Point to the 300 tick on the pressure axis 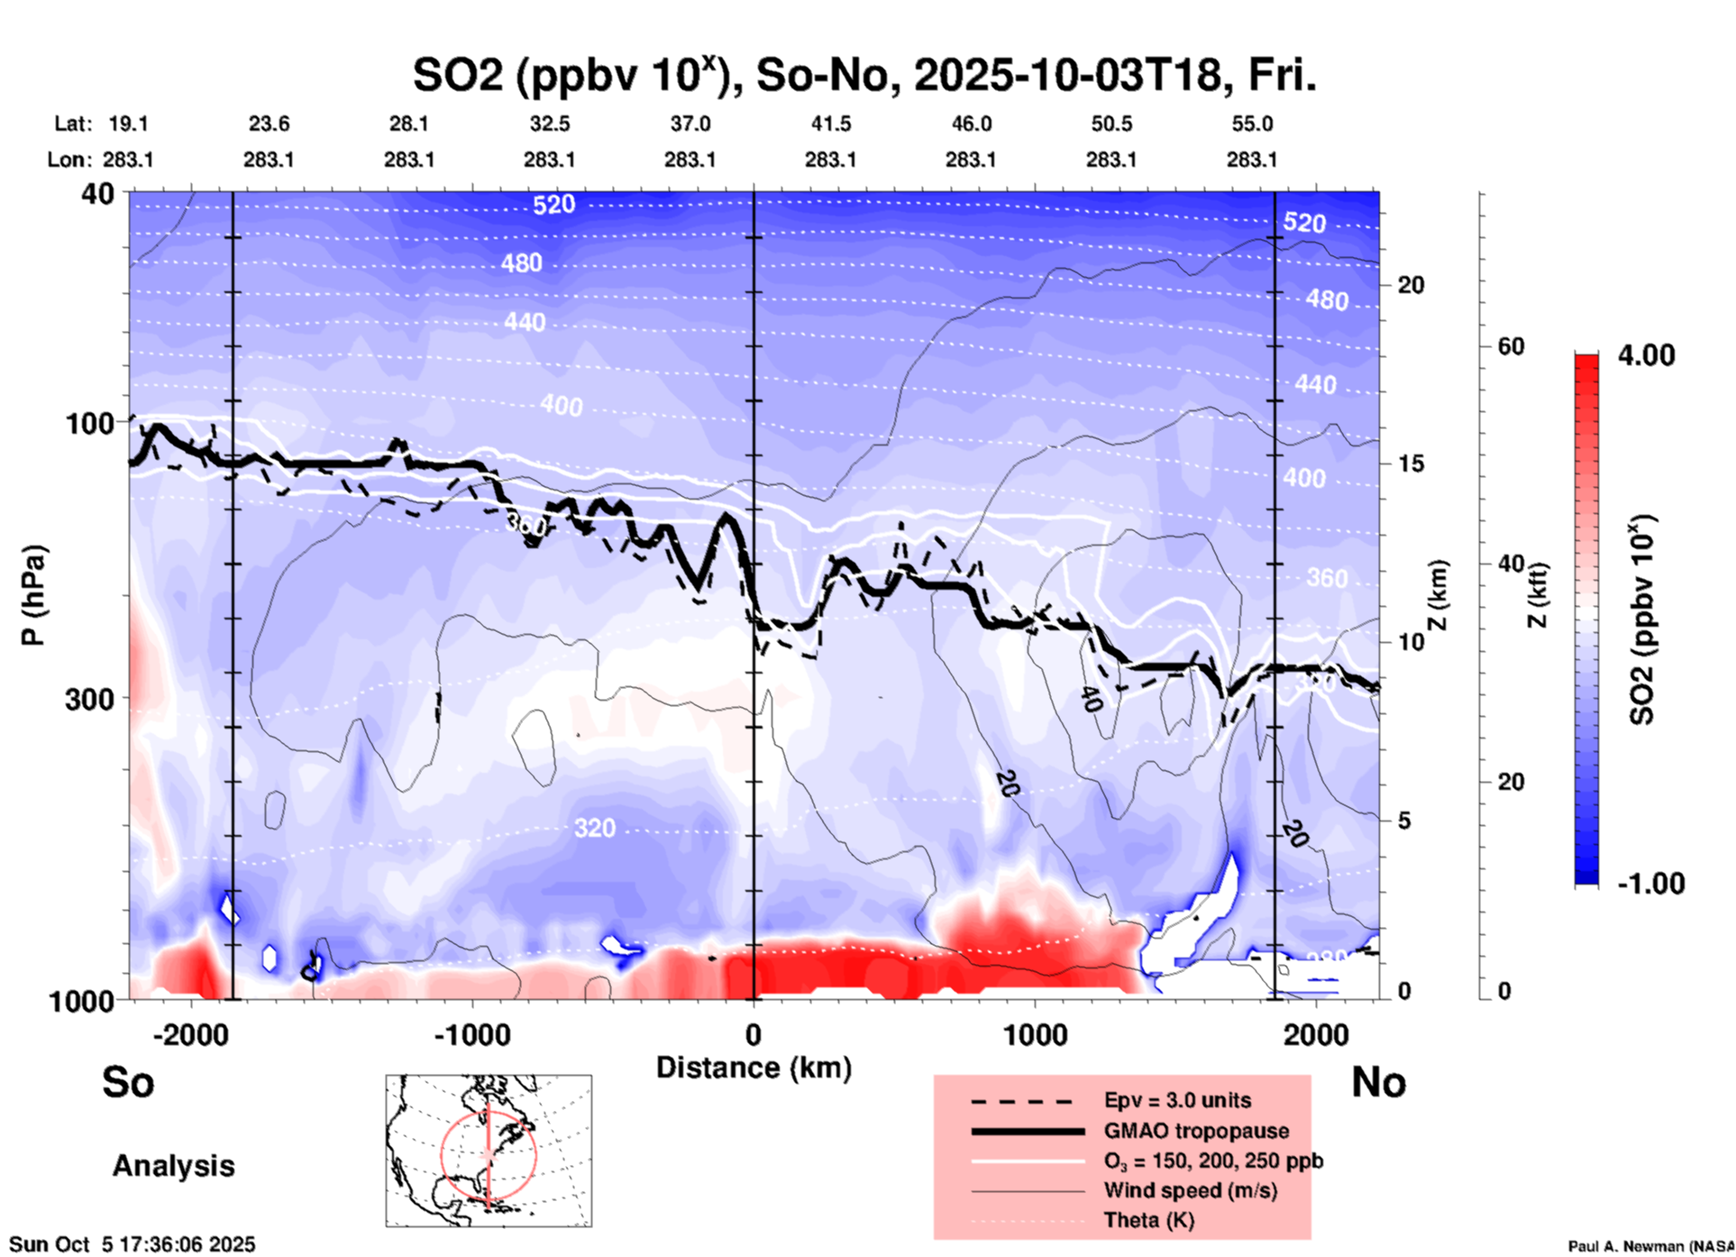click(x=89, y=699)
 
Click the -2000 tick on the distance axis click(x=190, y=1035)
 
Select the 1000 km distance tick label click(x=1035, y=1035)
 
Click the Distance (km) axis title click(x=754, y=1068)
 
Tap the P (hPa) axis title click(x=33, y=595)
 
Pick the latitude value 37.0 click(x=690, y=124)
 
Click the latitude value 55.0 click(x=1252, y=124)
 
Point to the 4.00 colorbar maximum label click(x=1646, y=355)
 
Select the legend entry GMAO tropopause click(x=1196, y=1131)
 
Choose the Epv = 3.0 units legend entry click(x=1177, y=1100)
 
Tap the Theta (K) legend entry click(x=1148, y=1220)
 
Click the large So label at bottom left click(x=128, y=1082)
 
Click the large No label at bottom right click(x=1378, y=1082)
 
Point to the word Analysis click(x=173, y=1166)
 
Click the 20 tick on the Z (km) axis click(x=1411, y=285)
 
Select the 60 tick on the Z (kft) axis click(x=1511, y=346)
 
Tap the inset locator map click(x=489, y=1150)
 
